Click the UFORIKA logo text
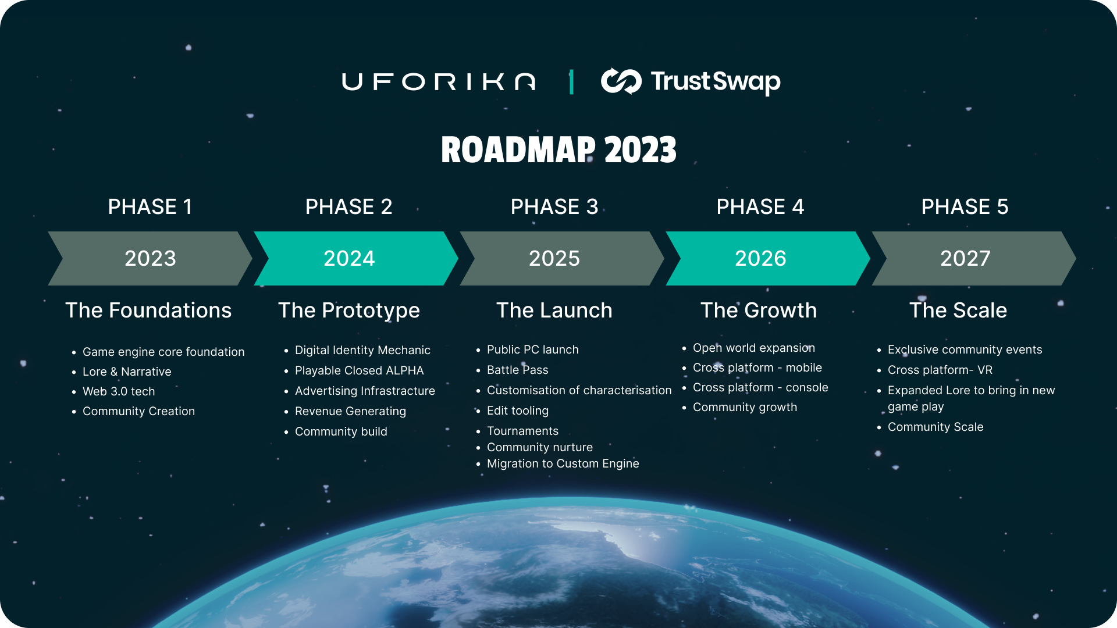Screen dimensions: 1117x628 (439, 81)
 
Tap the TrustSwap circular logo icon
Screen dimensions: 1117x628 (621, 81)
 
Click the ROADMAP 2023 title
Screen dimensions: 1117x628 (558, 150)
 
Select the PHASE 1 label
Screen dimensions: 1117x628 (150, 207)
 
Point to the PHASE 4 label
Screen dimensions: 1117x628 (760, 207)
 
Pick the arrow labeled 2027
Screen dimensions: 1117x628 (973, 258)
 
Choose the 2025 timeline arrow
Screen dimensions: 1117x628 (561, 258)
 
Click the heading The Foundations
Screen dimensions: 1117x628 (148, 311)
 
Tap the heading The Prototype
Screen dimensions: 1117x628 (349, 311)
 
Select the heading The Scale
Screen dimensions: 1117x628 (958, 311)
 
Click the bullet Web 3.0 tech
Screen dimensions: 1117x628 (119, 391)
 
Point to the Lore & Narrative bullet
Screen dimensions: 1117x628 (127, 372)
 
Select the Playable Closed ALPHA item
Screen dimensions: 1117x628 (360, 370)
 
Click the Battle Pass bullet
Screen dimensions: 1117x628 (518, 370)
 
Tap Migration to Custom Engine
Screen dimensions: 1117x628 (563, 463)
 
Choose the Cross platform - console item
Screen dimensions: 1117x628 (760, 387)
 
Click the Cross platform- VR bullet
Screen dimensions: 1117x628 (940, 370)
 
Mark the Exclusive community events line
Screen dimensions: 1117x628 (965, 349)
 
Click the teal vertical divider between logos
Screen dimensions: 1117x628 (571, 81)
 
